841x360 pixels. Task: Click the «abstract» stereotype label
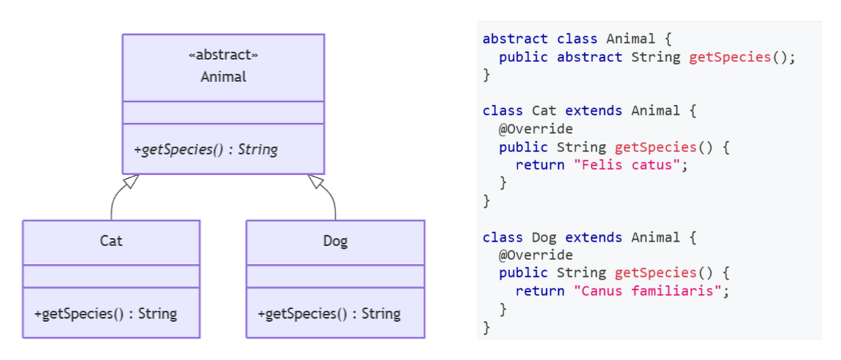[223, 55]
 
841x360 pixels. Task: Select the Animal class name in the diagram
[223, 77]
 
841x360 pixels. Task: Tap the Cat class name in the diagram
[111, 241]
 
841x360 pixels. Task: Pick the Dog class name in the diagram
[335, 241]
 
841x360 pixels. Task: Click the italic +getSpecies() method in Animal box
[206, 149]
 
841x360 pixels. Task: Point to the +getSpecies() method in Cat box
[105, 313]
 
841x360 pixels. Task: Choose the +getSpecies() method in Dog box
[329, 313]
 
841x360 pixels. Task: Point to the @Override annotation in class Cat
[536, 129]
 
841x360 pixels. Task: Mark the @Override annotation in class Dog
[536, 255]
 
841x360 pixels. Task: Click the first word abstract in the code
[515, 39]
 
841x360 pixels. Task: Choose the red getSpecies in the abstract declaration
[730, 57]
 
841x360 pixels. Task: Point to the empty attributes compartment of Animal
[223, 113]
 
